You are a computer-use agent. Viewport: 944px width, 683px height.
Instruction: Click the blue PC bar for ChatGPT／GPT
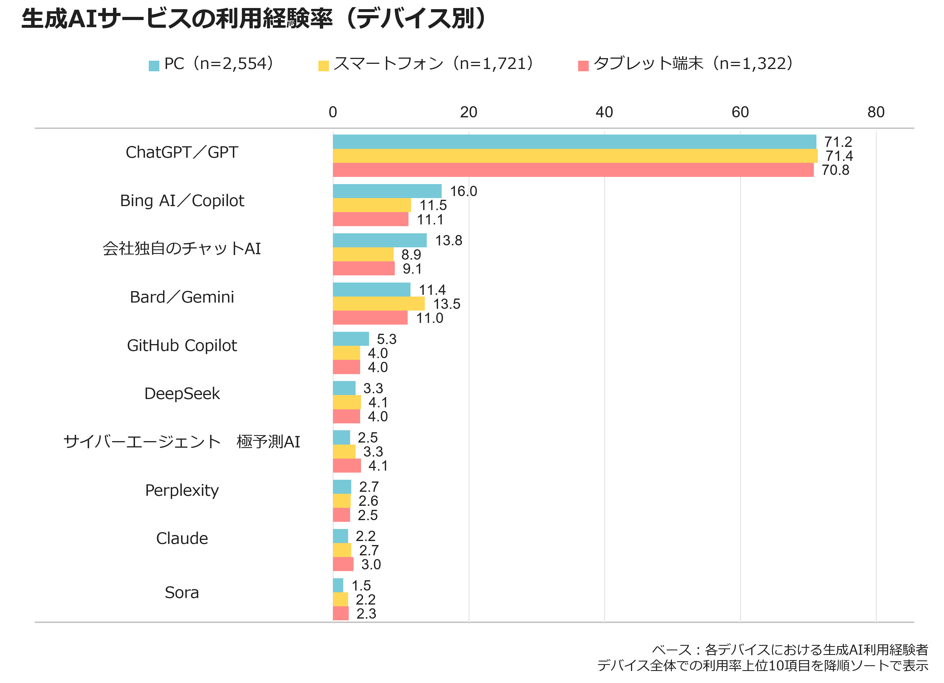click(x=574, y=142)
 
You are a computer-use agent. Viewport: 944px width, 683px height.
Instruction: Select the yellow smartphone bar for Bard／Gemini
click(x=379, y=304)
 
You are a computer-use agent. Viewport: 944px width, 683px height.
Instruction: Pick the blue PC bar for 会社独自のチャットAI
click(x=380, y=240)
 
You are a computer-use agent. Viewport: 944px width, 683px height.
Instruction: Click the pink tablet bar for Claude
click(x=343, y=564)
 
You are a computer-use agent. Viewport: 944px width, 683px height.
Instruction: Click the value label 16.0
click(x=463, y=191)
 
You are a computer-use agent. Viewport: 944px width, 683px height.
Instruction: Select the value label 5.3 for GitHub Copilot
click(x=386, y=339)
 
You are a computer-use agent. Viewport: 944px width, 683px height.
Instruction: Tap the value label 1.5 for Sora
click(x=361, y=586)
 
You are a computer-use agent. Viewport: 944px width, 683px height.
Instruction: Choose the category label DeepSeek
click(x=182, y=394)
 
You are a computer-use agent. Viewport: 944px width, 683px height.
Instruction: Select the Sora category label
click(x=182, y=592)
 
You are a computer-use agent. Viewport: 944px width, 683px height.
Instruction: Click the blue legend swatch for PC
click(x=154, y=66)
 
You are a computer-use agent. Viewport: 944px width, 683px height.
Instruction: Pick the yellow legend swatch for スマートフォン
click(x=324, y=66)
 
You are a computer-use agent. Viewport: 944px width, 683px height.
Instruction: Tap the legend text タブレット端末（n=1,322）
click(x=693, y=64)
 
